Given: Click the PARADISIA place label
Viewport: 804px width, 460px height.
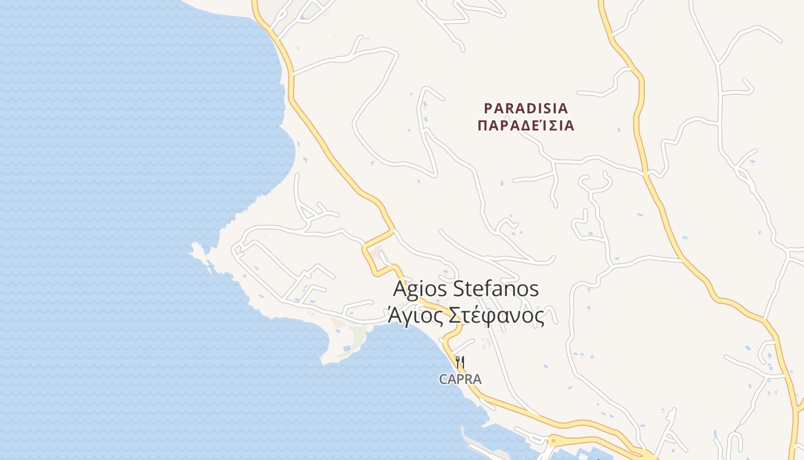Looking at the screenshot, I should (525, 108).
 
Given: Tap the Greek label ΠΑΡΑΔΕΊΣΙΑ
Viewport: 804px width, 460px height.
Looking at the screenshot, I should (525, 126).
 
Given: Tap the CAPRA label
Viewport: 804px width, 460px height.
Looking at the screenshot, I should (460, 379).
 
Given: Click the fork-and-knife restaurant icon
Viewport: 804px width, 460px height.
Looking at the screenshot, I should (459, 362).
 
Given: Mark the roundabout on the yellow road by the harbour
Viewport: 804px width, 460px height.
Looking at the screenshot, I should (552, 442).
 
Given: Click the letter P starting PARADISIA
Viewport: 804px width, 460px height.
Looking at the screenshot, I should (488, 108).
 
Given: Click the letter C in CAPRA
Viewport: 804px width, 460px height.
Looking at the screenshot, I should (443, 379).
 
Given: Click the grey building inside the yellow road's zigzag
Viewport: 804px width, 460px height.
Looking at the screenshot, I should (377, 254).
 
